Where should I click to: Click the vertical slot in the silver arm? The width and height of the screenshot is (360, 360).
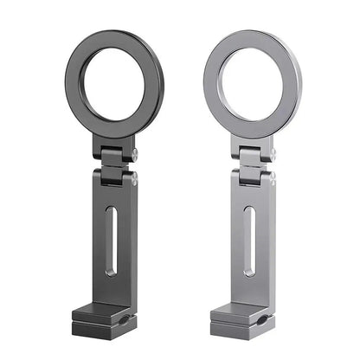pos(248,242)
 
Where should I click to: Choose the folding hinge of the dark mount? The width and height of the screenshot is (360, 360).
pos(114,166)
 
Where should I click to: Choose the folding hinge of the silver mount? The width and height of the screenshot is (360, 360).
pos(254,166)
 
